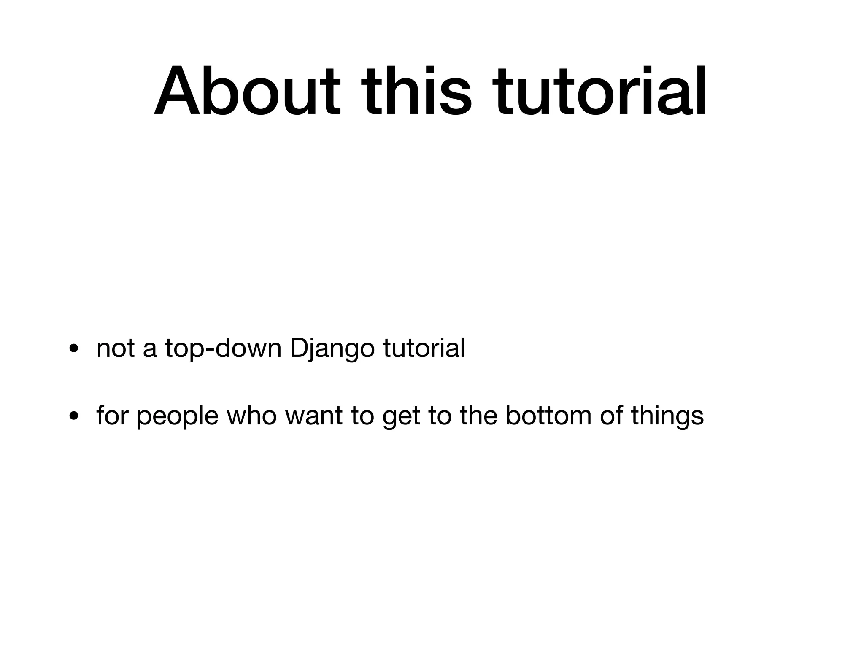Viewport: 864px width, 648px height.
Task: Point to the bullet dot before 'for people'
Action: (74, 416)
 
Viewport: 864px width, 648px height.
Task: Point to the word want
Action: (313, 416)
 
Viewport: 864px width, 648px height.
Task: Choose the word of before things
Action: (611, 416)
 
